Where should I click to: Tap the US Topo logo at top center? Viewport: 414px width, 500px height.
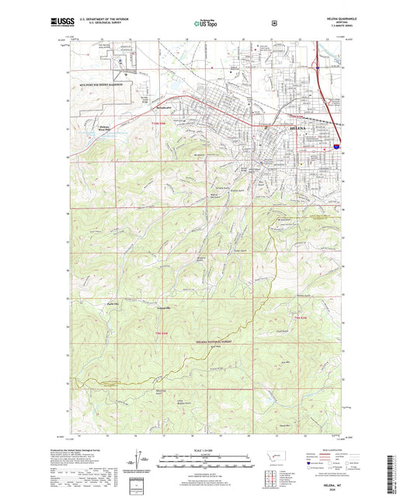(207, 24)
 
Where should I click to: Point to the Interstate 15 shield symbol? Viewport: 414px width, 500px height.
(336, 145)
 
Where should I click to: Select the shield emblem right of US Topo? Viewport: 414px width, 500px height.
(273, 23)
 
